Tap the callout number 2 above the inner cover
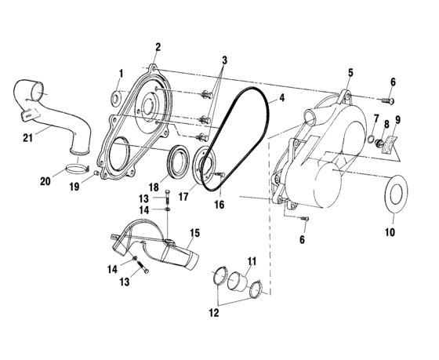tap(158, 48)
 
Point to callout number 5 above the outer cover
tap(350, 73)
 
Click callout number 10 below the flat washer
tap(390, 233)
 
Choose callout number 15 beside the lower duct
tap(195, 233)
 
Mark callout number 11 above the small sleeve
tap(252, 261)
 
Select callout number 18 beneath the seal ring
tap(155, 187)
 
